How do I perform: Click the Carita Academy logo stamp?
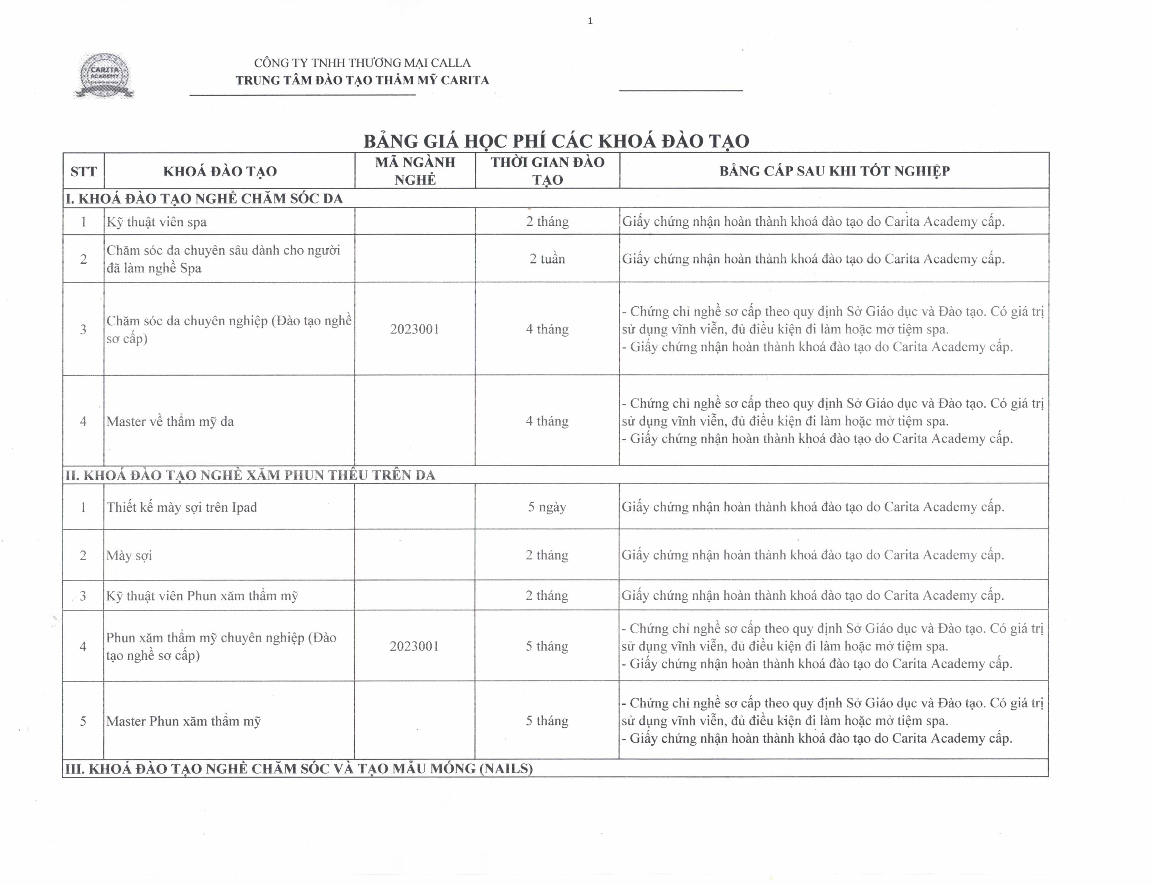click(104, 76)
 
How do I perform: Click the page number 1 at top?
click(590, 21)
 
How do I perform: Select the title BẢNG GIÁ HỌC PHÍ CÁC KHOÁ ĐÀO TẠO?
click(556, 141)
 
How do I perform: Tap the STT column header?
click(83, 171)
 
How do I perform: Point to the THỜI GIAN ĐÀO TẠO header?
click(547, 171)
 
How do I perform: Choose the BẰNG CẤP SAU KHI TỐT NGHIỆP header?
click(834, 171)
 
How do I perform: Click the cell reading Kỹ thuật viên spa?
click(156, 222)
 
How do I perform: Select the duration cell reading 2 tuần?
click(547, 259)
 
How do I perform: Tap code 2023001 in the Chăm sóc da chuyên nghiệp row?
click(415, 329)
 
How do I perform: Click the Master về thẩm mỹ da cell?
click(170, 421)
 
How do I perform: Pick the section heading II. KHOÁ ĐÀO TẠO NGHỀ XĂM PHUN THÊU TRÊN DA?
click(250, 475)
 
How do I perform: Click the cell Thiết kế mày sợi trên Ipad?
click(182, 507)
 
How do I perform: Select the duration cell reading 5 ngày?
click(547, 507)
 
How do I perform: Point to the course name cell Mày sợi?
click(129, 555)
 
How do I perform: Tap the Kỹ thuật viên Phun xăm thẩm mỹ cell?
click(202, 596)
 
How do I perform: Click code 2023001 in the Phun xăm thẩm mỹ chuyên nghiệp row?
click(414, 647)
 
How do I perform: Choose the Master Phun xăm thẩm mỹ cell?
click(184, 721)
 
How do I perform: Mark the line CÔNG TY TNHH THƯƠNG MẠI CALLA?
click(362, 63)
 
